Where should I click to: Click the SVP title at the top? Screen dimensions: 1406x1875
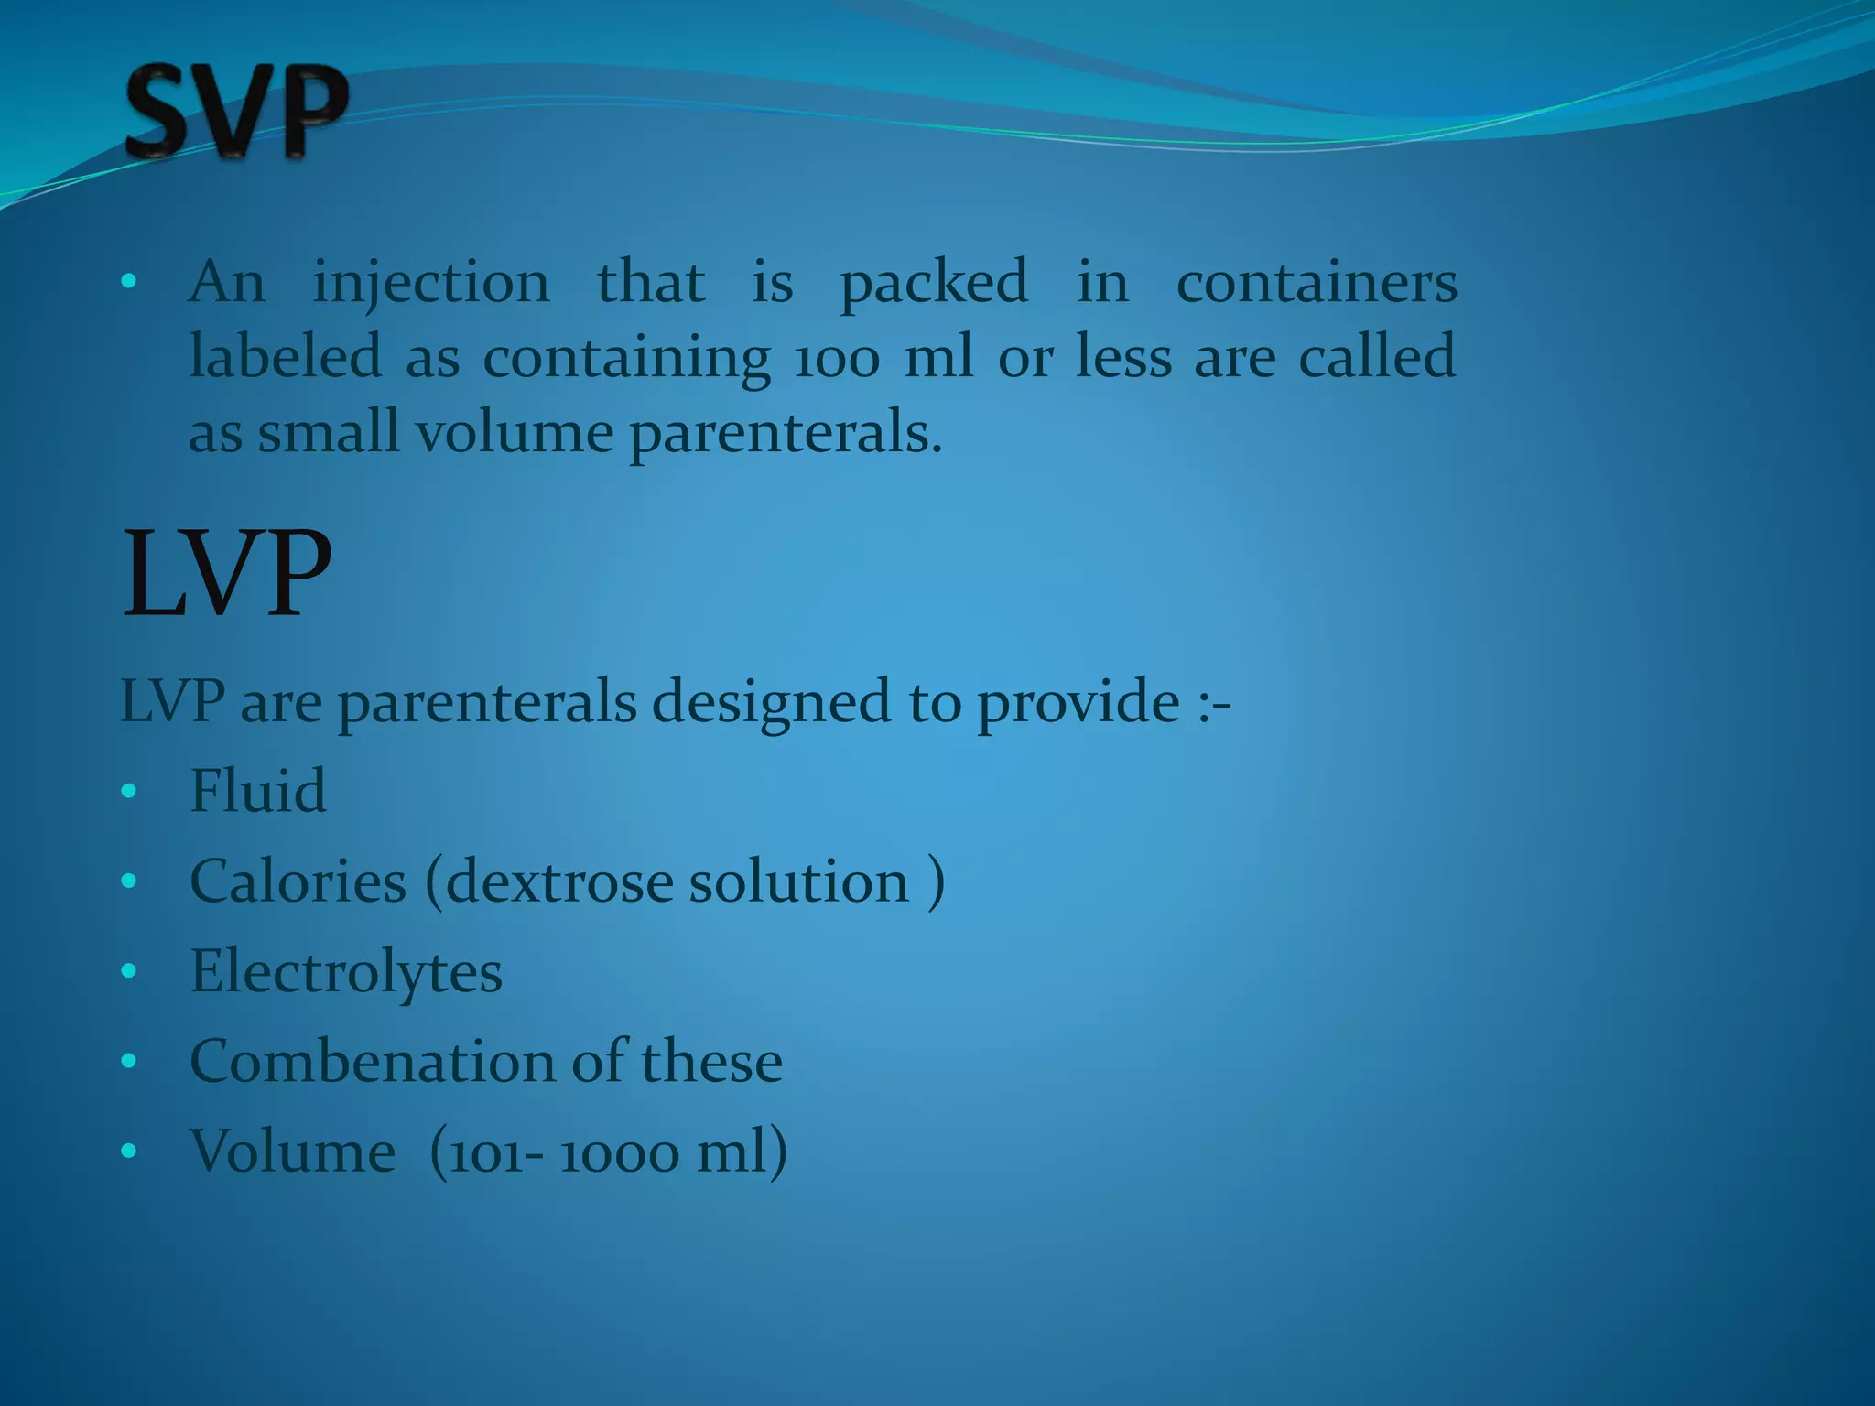tap(236, 112)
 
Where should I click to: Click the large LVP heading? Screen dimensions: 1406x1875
tap(226, 575)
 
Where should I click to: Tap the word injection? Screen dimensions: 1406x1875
tap(431, 284)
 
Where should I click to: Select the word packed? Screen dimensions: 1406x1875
tap(934, 284)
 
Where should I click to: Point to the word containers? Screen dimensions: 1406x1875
tap(1317, 284)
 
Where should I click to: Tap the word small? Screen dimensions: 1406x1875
tap(328, 432)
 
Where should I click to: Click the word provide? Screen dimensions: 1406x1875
tap(1078, 703)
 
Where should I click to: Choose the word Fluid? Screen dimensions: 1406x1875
tap(257, 791)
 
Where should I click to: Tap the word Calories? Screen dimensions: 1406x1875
tap(298, 881)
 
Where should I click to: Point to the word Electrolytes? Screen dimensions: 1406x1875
tap(346, 972)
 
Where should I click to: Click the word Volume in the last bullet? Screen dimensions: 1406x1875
tap(292, 1152)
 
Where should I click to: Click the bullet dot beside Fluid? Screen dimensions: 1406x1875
tap(128, 791)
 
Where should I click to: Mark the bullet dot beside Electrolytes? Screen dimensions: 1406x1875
tap(128, 971)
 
